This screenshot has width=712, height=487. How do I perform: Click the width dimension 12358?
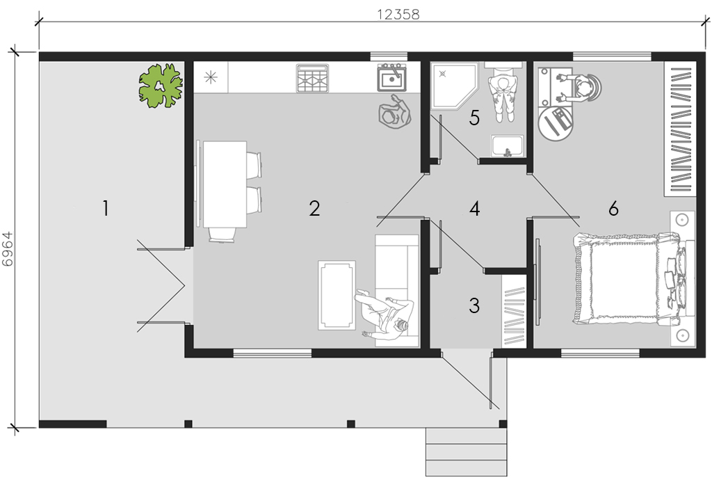point(398,15)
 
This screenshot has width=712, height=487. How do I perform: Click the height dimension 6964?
point(8,249)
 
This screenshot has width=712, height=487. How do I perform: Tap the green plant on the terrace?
point(161,86)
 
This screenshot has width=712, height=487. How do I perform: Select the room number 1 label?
point(106,209)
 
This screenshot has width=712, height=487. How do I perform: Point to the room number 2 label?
point(314,209)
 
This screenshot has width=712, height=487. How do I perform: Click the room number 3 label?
point(474,305)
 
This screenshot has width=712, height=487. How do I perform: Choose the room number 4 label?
point(474,209)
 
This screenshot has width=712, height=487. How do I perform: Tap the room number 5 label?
point(474,118)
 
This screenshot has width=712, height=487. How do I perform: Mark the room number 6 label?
point(613,209)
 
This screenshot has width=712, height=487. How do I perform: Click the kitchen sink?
point(392,78)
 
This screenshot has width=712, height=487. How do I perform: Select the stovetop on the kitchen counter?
point(312,78)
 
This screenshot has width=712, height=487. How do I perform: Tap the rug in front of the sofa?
point(337,294)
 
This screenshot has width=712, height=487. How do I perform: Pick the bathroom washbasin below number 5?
point(508,146)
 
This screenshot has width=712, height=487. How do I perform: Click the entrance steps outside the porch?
point(467,452)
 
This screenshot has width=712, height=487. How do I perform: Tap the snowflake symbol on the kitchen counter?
point(211,77)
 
